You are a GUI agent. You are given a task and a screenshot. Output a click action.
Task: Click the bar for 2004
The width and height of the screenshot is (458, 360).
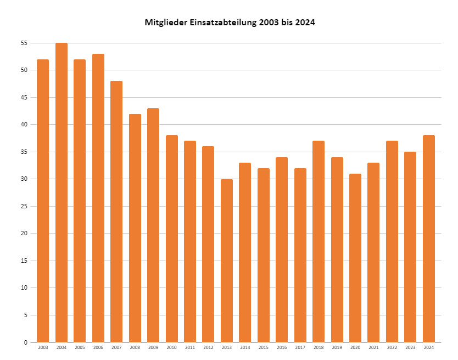[62, 192]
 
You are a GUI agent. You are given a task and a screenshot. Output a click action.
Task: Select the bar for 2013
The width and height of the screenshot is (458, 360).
[227, 261]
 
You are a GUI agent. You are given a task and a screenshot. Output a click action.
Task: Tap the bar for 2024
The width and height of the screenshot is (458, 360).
[429, 239]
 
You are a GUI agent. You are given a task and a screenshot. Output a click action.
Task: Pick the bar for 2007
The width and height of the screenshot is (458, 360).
[116, 212]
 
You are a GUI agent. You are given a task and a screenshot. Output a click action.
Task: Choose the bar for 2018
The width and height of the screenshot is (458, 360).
[319, 241]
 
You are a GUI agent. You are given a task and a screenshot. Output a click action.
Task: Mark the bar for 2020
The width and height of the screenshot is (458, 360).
[355, 258]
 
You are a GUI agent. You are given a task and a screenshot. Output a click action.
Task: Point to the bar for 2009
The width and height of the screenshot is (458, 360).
[153, 225]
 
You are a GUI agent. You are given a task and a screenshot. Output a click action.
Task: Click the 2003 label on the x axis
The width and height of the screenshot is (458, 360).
[43, 348]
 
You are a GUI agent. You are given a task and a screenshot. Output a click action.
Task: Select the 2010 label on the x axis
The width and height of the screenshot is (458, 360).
[172, 348]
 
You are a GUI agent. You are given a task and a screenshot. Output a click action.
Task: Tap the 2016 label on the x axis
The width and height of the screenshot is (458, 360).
[282, 348]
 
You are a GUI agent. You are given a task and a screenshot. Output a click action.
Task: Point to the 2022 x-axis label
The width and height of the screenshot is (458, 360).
[392, 348]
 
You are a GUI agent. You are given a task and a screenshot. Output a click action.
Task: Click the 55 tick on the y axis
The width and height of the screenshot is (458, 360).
[24, 43]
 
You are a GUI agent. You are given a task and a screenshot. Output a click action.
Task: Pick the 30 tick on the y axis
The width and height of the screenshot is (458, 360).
[24, 179]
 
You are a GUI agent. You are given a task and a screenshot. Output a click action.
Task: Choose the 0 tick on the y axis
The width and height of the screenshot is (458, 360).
[26, 342]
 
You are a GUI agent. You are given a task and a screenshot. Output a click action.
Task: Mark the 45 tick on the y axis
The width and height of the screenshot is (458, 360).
[24, 97]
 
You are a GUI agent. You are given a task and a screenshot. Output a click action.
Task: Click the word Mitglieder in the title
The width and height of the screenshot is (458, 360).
[166, 23]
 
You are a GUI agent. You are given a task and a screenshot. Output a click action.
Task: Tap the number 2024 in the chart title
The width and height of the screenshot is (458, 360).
[305, 23]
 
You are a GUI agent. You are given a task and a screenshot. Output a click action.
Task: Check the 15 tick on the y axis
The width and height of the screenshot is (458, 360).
[24, 261]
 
